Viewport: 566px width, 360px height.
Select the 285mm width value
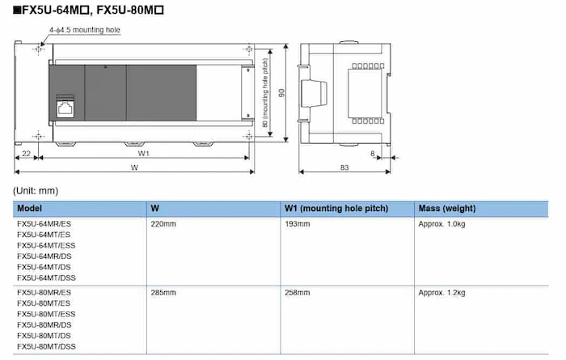163,292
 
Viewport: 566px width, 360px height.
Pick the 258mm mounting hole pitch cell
297,292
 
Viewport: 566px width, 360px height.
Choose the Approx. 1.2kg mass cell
441,292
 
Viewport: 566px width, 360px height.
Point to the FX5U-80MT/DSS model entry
47,347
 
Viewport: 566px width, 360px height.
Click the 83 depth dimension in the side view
344,167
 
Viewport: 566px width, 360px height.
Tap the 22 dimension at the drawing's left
27,152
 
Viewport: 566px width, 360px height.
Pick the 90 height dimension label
281,91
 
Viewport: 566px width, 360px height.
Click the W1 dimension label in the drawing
144,152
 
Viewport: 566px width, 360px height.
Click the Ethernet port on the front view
64,108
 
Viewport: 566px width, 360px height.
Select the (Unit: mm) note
36,190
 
